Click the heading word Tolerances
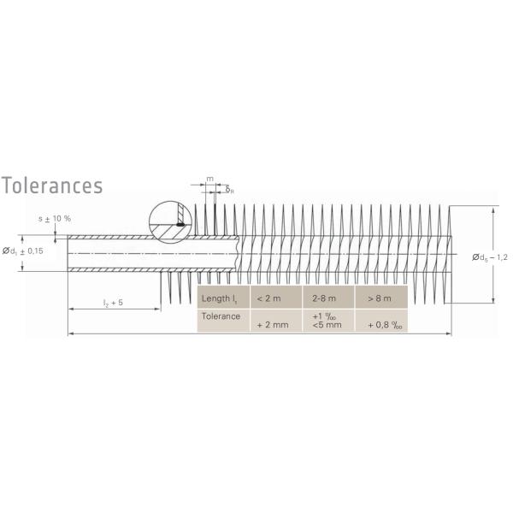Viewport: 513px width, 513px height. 52,186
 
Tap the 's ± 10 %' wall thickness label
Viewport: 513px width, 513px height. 55,218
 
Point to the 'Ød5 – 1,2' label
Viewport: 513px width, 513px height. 490,256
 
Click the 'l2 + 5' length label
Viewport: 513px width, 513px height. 113,302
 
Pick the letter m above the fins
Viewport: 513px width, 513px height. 209,180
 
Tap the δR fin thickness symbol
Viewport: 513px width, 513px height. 229,189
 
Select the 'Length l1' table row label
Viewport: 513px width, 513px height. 220,298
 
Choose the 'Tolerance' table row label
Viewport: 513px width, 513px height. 220,315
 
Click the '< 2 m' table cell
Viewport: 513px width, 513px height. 272,298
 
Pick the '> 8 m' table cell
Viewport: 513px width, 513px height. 380,298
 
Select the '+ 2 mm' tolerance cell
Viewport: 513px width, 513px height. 272,325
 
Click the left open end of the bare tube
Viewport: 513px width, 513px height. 68,253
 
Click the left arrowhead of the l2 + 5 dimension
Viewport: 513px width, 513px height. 71,310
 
